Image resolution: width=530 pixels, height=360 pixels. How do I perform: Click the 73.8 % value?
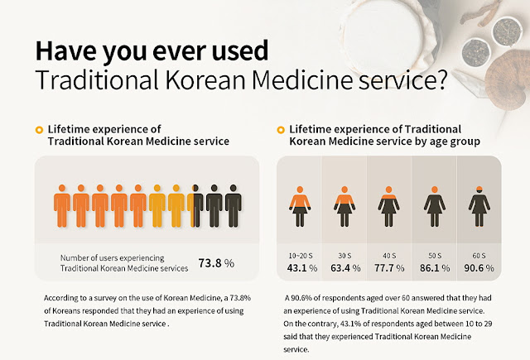pyautogui.click(x=216, y=264)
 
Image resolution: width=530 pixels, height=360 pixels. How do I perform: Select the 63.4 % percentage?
pyautogui.click(x=344, y=268)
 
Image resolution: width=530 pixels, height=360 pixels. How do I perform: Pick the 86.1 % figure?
pyautogui.click(x=432, y=268)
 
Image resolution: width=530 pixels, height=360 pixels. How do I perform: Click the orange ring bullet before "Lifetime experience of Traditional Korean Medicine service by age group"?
pyautogui.click(x=280, y=130)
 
